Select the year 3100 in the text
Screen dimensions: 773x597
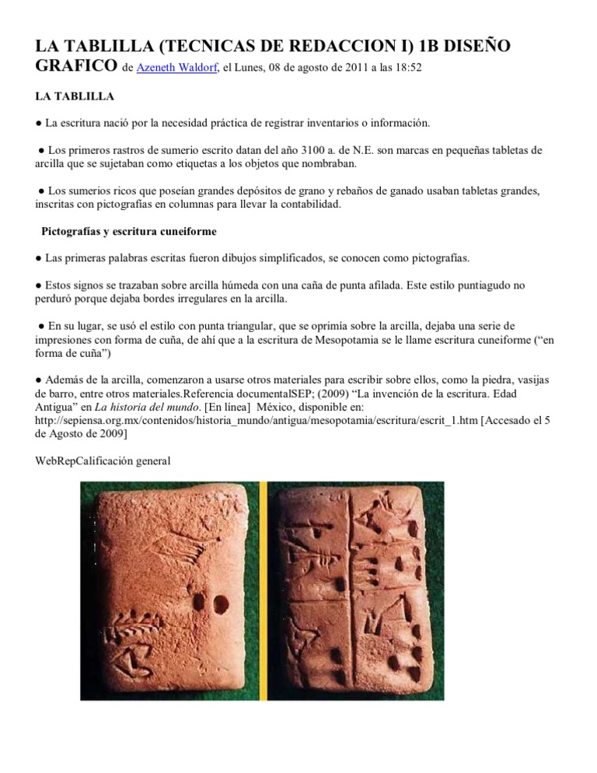(326, 149)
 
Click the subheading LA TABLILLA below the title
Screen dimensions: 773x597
(75, 97)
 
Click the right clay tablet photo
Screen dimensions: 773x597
(355, 591)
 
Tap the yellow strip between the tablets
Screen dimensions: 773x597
(263, 591)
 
